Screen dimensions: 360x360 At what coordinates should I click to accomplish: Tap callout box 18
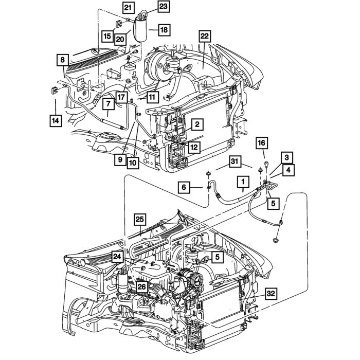pos(163,30)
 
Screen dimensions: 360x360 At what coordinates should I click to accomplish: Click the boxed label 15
pos(107,35)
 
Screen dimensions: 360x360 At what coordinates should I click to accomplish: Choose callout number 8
pos(62,60)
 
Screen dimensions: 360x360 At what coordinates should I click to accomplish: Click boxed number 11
pos(152,96)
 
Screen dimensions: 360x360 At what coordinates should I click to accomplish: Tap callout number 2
pos(196,124)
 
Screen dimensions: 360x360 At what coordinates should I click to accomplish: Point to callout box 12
pos(192,148)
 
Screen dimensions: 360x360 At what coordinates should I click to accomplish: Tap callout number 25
pos(141,220)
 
